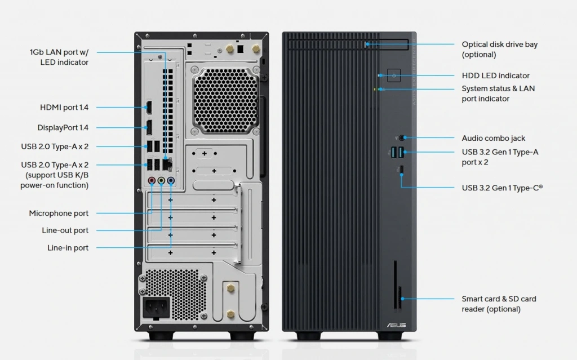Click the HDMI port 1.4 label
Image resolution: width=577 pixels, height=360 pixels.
tap(64, 107)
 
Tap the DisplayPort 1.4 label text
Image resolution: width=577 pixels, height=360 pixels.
tap(63, 128)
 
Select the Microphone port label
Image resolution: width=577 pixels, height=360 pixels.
tap(59, 214)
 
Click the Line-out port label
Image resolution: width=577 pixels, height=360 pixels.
tap(65, 230)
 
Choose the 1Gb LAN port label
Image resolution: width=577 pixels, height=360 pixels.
tap(59, 57)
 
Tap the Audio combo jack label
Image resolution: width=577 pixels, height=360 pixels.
tap(493, 138)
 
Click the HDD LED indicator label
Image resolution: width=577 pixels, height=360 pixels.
tap(495, 75)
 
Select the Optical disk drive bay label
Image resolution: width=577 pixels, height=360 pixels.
tap(499, 50)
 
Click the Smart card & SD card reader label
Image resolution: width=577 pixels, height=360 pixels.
tap(499, 304)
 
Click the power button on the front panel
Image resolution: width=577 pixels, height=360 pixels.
tap(393, 75)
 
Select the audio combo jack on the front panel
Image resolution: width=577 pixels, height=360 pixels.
tap(401, 137)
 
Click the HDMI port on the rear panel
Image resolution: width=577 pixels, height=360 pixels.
tap(149, 107)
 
